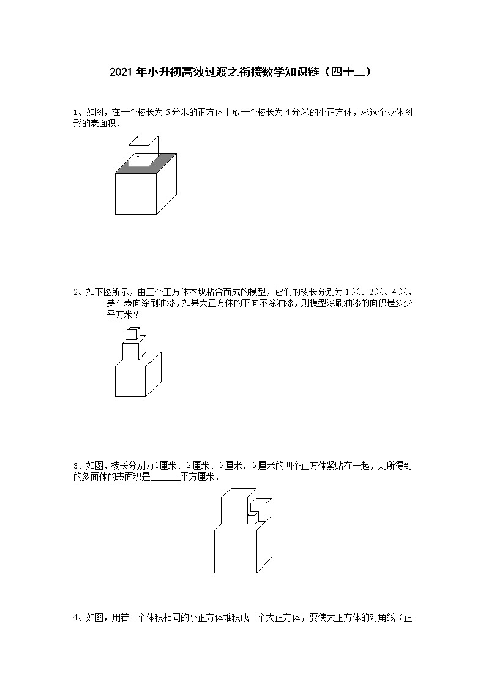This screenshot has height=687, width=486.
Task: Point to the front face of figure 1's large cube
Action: [136, 193]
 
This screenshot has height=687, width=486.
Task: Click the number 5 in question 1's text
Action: [168, 112]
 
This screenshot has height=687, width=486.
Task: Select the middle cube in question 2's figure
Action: [132, 351]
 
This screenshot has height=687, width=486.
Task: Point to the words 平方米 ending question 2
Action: [119, 315]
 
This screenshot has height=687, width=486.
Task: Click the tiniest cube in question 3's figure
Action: [251, 519]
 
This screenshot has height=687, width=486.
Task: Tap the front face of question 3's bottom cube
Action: [235, 551]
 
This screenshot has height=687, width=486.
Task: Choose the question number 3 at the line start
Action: [76, 466]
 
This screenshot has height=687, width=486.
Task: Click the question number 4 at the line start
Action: [76, 618]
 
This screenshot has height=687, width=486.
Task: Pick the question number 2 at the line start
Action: [76, 293]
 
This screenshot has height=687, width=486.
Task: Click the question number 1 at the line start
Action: [76, 112]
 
